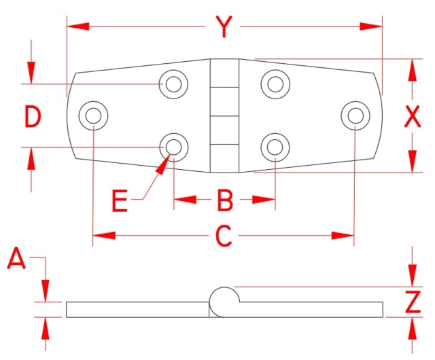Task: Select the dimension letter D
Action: coord(32,117)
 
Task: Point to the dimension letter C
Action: coord(224,236)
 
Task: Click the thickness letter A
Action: coord(16,259)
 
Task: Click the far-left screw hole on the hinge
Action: coord(93,115)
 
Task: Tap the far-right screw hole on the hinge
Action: coord(354,115)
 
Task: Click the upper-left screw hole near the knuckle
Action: coord(173,84)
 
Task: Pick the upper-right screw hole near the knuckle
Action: coord(275,84)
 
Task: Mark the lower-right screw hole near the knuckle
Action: coord(275,146)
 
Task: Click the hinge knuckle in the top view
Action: coord(223,115)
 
